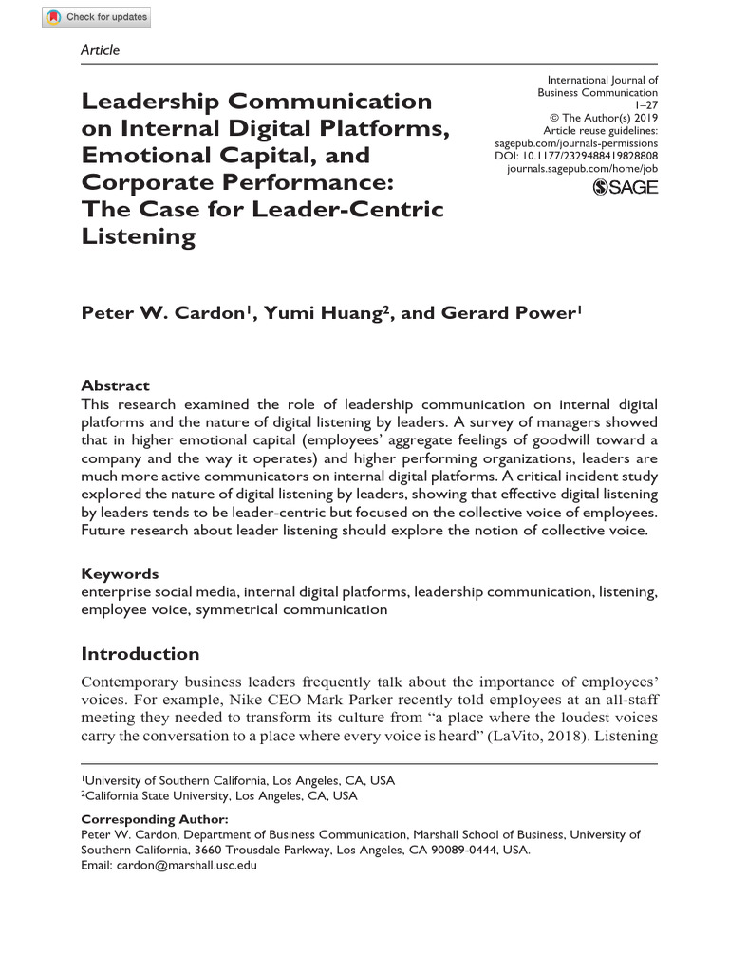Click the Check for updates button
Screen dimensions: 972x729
96,17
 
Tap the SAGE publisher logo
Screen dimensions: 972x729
625,188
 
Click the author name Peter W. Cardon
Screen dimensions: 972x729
164,314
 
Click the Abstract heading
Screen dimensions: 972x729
115,385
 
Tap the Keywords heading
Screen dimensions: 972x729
120,573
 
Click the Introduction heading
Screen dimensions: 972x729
140,654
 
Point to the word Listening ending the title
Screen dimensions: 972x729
138,236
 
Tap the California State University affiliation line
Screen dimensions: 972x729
220,795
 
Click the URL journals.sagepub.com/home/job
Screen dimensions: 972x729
583,168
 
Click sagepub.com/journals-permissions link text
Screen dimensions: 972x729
577,143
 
